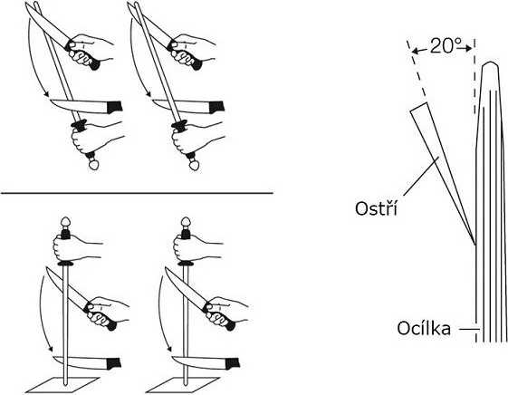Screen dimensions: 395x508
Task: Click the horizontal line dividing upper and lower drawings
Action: [136, 193]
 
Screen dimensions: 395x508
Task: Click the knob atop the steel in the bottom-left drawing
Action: [64, 222]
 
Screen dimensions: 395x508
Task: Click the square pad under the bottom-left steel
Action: [62, 381]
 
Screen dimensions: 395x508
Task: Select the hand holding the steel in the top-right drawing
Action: [191, 137]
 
